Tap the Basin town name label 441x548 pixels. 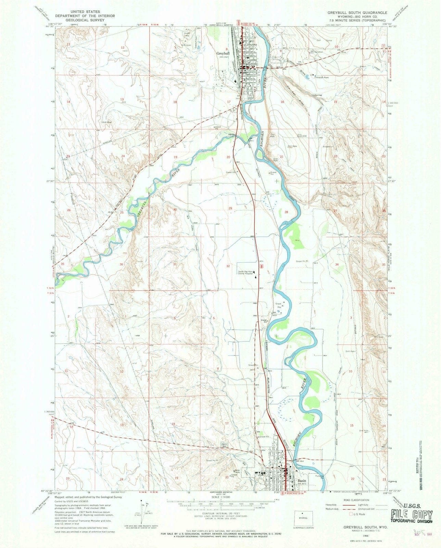pyautogui.click(x=302, y=481)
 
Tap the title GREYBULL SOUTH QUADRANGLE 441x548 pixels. pyautogui.click(x=357, y=12)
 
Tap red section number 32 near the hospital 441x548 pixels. pyautogui.click(x=228, y=266)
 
